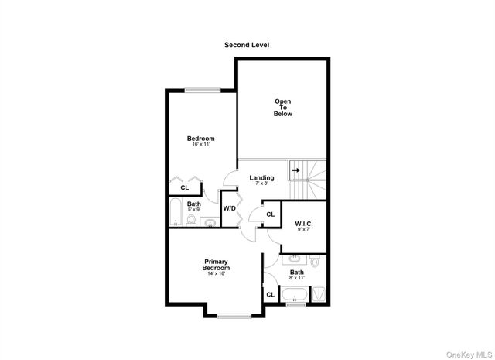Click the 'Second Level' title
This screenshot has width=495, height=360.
247,46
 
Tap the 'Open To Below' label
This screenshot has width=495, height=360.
282,108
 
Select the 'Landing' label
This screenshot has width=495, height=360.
261,177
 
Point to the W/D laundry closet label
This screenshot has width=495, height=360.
230,209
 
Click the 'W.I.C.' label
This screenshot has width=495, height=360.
302,224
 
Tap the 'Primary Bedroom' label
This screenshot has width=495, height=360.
217,264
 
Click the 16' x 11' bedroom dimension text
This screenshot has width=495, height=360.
200,144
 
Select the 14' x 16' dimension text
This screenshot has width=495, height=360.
217,274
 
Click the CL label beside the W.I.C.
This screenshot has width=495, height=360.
270,214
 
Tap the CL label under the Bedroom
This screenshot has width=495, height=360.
185,187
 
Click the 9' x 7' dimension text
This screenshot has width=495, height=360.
302,230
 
